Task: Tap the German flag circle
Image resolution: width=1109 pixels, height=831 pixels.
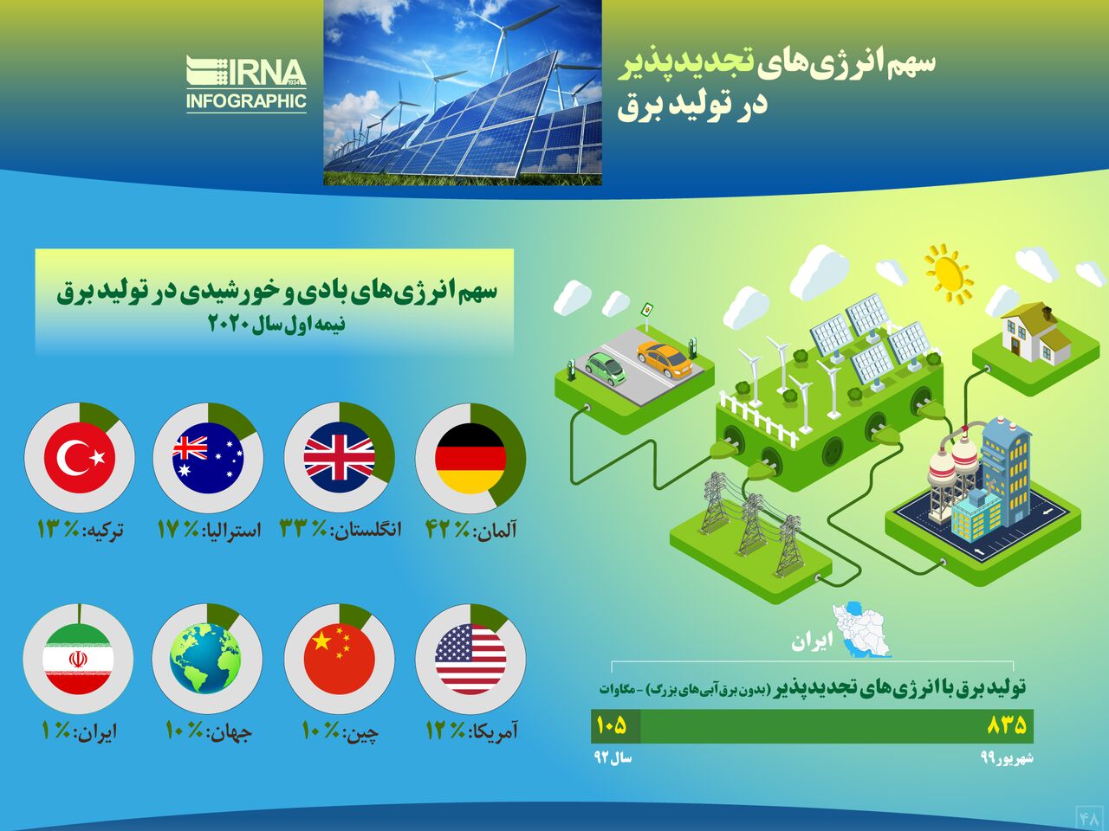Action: (470, 459)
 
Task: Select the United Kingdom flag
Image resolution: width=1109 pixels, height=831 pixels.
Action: (339, 458)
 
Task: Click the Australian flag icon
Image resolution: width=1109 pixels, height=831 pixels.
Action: (208, 458)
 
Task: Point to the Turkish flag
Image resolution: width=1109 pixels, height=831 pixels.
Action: (80, 458)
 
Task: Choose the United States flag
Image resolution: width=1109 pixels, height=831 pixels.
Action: (470, 659)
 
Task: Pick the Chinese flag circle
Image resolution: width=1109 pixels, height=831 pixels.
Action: (339, 659)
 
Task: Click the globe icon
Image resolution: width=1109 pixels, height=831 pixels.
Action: (208, 659)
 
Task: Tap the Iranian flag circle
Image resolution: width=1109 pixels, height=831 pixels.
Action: (78, 659)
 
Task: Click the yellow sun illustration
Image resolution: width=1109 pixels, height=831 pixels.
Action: (949, 274)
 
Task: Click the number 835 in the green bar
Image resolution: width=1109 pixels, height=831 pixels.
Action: (1007, 725)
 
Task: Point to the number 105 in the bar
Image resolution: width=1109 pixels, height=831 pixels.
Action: (612, 725)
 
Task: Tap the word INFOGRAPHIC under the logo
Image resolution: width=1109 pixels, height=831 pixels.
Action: (247, 100)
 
